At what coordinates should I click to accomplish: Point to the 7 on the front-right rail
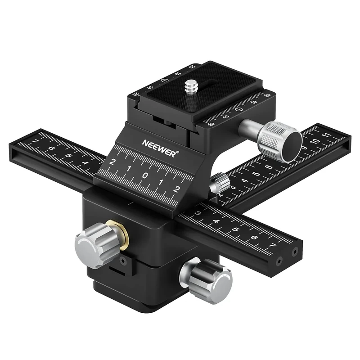(271, 245)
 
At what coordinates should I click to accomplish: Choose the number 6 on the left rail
(51, 149)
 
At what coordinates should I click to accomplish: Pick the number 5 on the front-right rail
(235, 229)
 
